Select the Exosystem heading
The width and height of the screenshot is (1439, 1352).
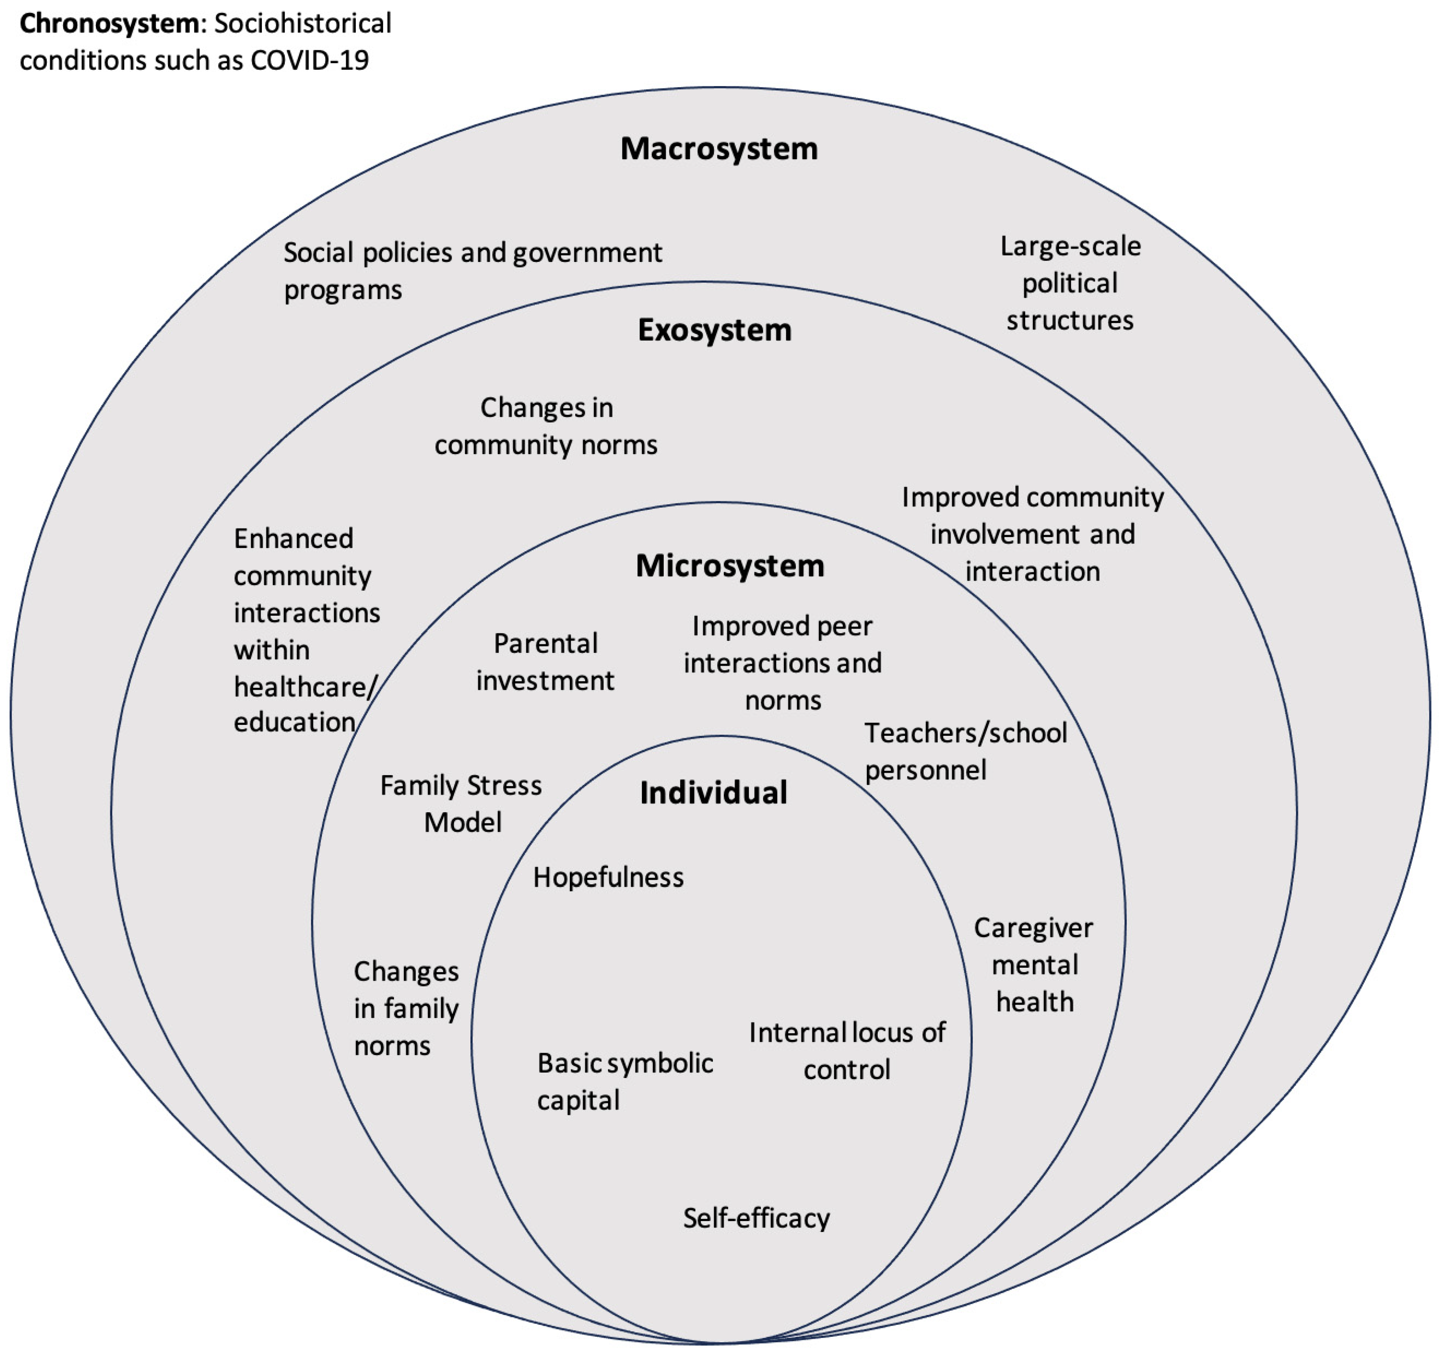click(x=714, y=330)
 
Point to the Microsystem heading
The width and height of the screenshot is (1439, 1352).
click(x=730, y=566)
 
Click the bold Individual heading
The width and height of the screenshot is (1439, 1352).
click(x=713, y=792)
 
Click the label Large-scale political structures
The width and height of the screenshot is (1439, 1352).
click(x=1070, y=283)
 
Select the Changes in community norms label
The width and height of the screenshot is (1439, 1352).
click(x=546, y=426)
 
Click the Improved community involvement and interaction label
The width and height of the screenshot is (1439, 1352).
click(x=1032, y=534)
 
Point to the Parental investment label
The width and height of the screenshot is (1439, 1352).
click(x=545, y=661)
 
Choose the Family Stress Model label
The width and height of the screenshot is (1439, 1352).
click(x=461, y=803)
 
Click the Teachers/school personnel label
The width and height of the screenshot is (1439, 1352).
click(x=965, y=751)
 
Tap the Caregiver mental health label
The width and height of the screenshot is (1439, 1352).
click(x=1034, y=964)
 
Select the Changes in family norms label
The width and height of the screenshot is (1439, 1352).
click(x=405, y=1008)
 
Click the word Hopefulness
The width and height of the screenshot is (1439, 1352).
click(x=608, y=877)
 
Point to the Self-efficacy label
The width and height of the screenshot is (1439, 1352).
click(x=757, y=1218)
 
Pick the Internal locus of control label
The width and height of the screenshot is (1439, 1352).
click(x=847, y=1051)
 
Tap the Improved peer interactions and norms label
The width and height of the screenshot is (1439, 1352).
click(x=783, y=663)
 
